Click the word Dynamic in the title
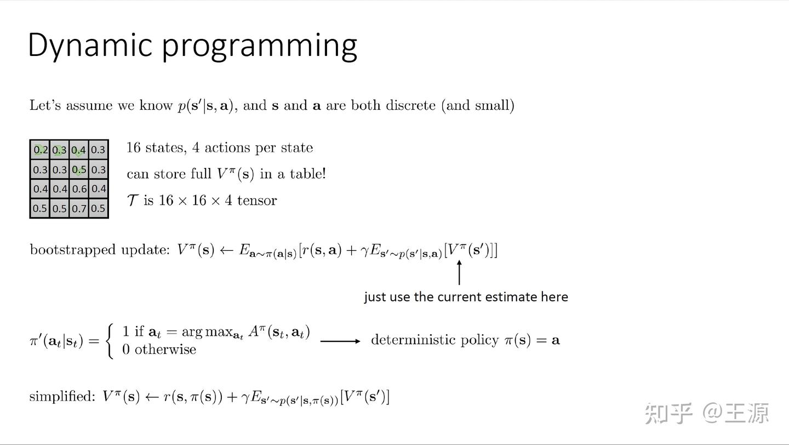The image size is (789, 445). click(x=89, y=45)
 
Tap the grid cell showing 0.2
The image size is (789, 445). click(x=40, y=150)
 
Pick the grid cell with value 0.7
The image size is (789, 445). click(x=79, y=209)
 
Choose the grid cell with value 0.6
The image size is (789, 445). click(x=79, y=189)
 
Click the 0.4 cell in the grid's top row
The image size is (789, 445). click(x=79, y=150)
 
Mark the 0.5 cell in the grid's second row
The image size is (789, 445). click(x=79, y=170)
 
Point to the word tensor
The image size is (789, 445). click(x=257, y=200)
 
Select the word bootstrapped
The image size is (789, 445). click(x=72, y=250)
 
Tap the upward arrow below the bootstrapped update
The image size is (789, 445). click(x=459, y=272)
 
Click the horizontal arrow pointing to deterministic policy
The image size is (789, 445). click(x=340, y=341)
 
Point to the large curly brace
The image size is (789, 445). click(x=111, y=341)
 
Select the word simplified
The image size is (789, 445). click(x=62, y=397)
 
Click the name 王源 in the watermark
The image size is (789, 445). click(x=746, y=413)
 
